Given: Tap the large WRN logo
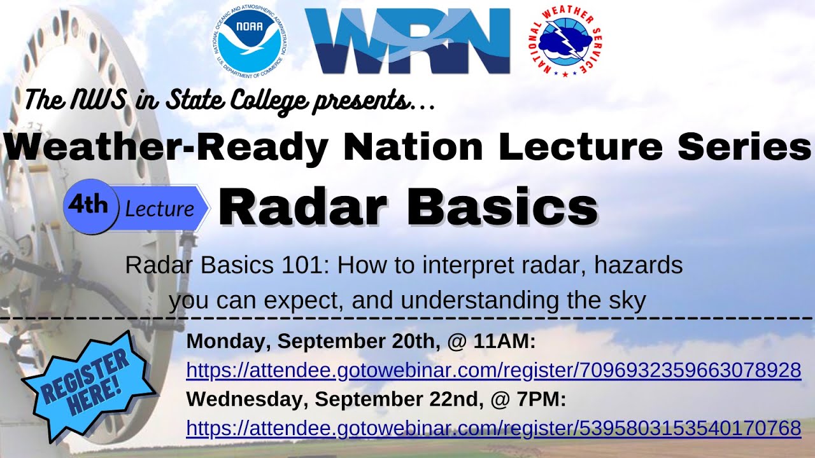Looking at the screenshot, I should pos(407,41).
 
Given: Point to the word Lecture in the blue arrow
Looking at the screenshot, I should pos(159,209).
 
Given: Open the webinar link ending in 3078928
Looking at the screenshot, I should pos(493,370).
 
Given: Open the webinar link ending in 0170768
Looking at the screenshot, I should pos(493,427).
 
